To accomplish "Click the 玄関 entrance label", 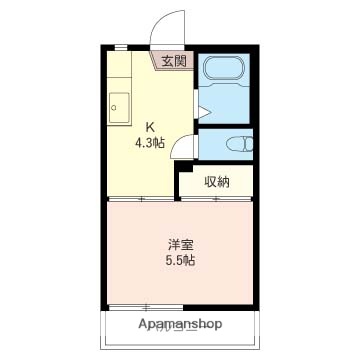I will pos(173,61).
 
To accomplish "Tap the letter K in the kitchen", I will pos(151,127).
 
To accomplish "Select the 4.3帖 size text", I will pos(151,142).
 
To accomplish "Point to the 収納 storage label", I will pos(217,181).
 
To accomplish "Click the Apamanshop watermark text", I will pos(179,325).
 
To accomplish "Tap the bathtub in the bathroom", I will pos(225,74).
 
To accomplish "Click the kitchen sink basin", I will pos(117,105).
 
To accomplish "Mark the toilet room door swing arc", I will pos(181,146).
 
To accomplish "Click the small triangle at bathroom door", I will pos(201,111).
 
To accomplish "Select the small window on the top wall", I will pos(120,48).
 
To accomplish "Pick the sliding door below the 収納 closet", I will pos(216,199).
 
